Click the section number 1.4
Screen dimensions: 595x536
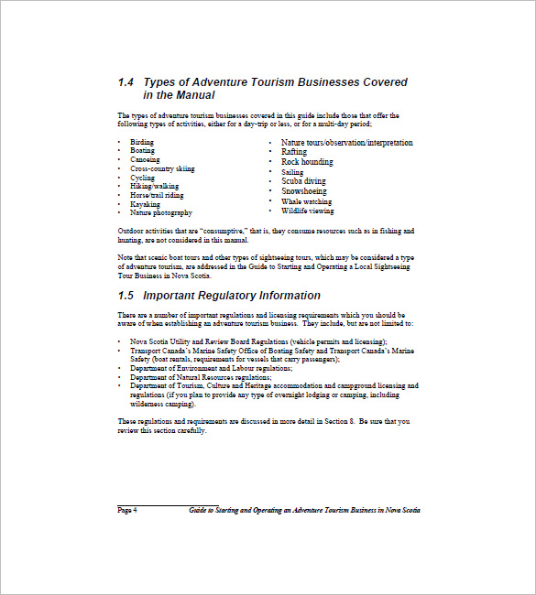(126, 82)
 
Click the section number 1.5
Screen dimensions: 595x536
(126, 296)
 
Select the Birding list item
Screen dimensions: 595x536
(142, 143)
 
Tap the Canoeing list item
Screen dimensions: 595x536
(145, 160)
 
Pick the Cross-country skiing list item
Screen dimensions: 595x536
(162, 169)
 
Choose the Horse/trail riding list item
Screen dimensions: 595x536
(157, 195)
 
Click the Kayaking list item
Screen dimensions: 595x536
(145, 204)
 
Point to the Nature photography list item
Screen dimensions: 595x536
(161, 212)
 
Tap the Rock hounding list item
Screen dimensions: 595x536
(307, 162)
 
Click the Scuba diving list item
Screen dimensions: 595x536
(303, 181)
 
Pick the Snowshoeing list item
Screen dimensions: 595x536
(304, 191)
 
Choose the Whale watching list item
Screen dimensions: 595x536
(307, 201)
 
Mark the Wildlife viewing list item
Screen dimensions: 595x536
(308, 211)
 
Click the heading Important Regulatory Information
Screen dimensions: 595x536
(232, 296)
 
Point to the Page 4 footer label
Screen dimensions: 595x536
(127, 510)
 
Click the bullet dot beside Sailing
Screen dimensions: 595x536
(271, 172)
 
